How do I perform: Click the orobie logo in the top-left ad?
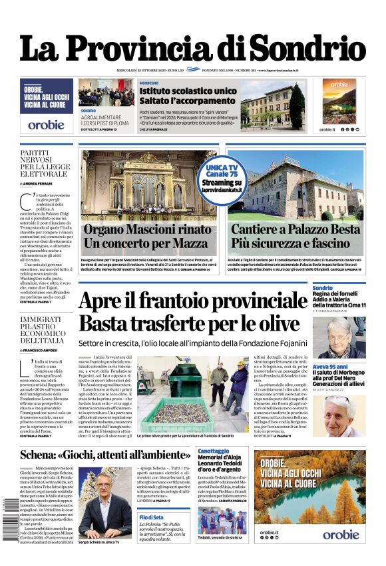(46, 124)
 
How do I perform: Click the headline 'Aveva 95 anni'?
(330, 367)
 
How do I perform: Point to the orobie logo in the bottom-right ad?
(340, 534)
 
